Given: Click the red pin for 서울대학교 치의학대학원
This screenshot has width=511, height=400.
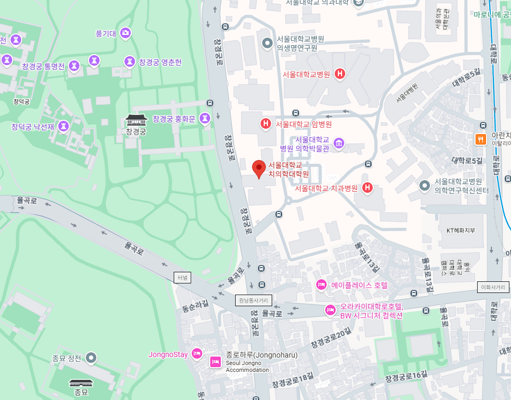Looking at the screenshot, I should tap(258, 168).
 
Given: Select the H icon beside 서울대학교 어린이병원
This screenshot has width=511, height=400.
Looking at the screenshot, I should tap(266, 125).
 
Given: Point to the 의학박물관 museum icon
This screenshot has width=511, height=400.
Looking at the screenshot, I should tap(339, 144).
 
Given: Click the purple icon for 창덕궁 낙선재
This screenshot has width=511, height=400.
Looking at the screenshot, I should tap(64, 127).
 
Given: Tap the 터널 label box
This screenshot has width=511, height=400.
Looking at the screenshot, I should tap(182, 277).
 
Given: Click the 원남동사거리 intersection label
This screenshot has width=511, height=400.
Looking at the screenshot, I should tap(254, 300).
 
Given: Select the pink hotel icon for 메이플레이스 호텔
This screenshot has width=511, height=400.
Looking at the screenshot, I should tap(321, 285).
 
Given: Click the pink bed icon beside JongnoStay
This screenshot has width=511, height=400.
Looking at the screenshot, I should tap(197, 354).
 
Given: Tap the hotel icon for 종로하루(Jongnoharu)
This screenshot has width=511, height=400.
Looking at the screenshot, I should tap(216, 362).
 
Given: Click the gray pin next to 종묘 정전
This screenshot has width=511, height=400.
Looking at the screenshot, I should tap(92, 358).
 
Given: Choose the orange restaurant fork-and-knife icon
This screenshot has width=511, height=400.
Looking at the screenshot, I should tap(481, 139).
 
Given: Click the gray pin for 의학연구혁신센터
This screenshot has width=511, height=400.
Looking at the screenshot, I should tap(425, 185).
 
